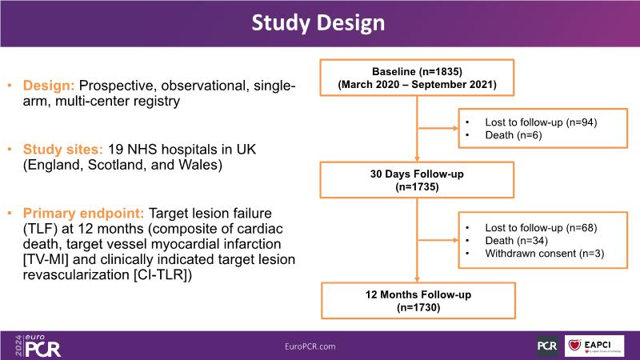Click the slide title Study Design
click(x=319, y=22)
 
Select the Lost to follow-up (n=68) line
click(x=541, y=227)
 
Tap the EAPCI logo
click(x=594, y=345)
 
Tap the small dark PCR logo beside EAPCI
click(x=547, y=346)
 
